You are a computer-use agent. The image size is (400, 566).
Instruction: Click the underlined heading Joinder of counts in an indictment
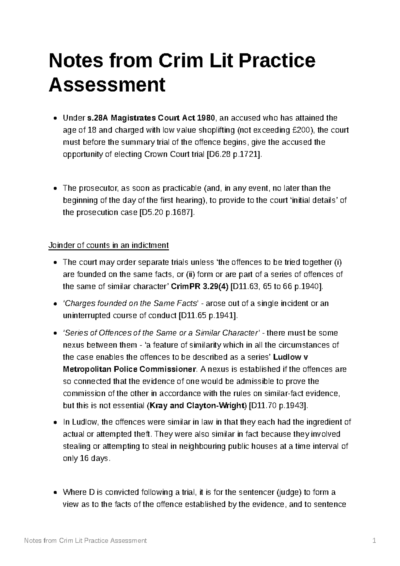(x=109, y=246)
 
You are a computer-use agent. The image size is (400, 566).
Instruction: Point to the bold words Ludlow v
(x=290, y=357)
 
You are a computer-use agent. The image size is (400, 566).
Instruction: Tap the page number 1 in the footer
(x=374, y=541)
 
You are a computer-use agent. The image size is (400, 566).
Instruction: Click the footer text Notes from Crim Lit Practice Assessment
(x=86, y=541)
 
